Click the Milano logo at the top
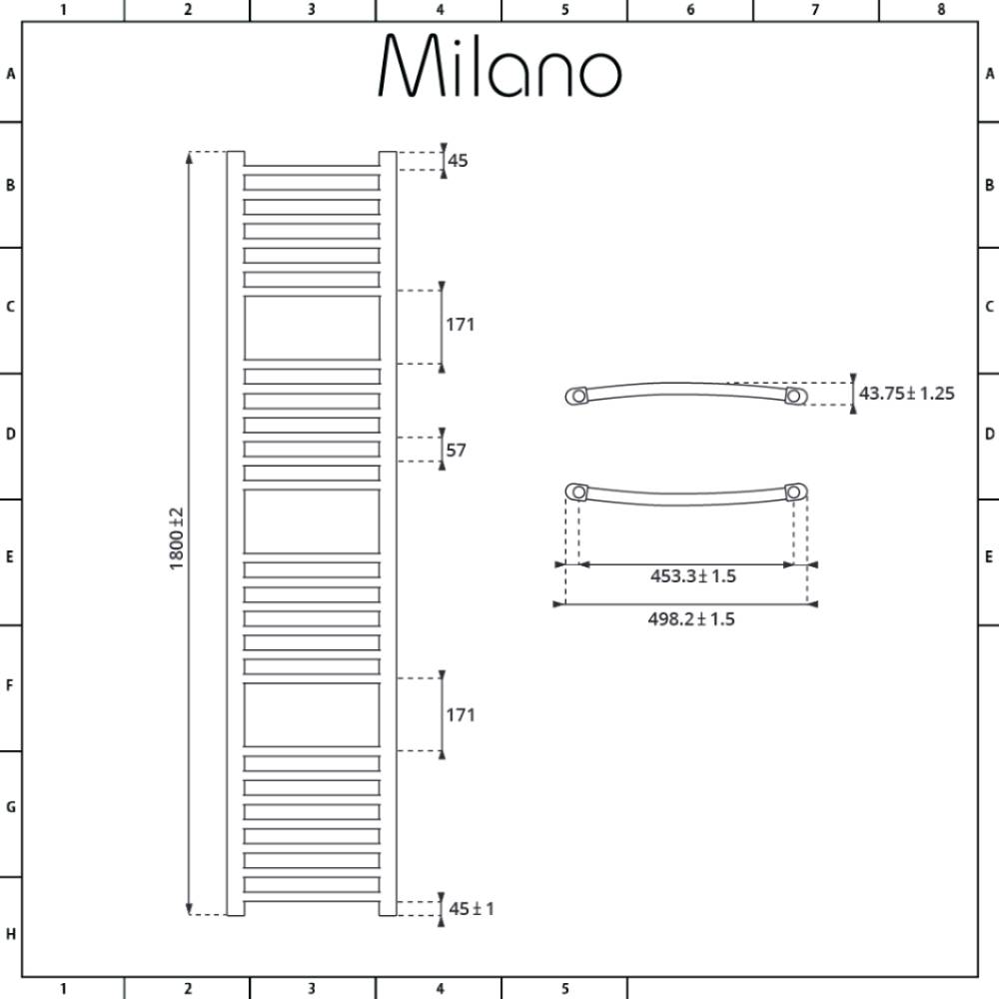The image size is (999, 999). [499, 66]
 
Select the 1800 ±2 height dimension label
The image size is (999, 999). [177, 538]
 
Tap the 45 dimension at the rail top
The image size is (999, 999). [458, 161]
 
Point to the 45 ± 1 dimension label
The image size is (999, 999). [472, 908]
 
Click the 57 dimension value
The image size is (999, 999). [457, 451]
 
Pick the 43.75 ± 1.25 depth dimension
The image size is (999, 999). [907, 393]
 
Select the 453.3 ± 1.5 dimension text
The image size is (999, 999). [693, 576]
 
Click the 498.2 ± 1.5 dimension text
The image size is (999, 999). [691, 618]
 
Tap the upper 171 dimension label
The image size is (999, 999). [460, 325]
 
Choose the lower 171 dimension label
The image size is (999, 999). [460, 715]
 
